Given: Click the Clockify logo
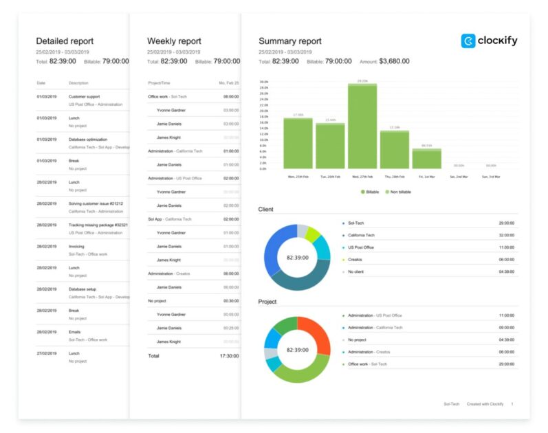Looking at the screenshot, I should pyautogui.click(x=489, y=41).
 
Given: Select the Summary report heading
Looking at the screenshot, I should pyautogui.click(x=289, y=41).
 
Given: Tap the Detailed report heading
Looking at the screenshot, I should pyautogui.click(x=65, y=41).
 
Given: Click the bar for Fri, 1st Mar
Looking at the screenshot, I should pyautogui.click(x=426, y=159).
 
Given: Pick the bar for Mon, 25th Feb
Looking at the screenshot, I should pyautogui.click(x=298, y=143).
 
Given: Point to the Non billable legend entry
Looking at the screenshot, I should pyautogui.click(x=398, y=192).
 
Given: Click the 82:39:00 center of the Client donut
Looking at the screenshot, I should pyautogui.click(x=297, y=256).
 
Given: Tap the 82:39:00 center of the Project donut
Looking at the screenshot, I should pyautogui.click(x=297, y=350).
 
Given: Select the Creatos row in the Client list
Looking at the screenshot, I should pyautogui.click(x=355, y=259).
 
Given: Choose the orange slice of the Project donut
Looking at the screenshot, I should pyautogui.click(x=316, y=333).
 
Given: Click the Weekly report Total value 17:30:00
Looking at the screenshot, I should pyautogui.click(x=230, y=356).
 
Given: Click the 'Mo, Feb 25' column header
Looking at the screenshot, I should pyautogui.click(x=229, y=82).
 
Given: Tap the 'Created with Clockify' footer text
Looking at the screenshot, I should pyautogui.click(x=485, y=404).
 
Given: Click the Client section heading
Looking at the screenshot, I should pyautogui.click(x=266, y=209).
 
